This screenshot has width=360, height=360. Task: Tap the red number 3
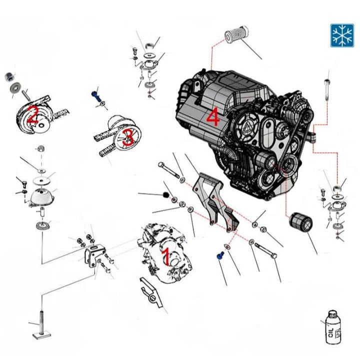tap(128, 136)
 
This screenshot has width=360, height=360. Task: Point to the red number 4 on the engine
tap(213, 118)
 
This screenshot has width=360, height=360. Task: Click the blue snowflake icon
tap(341, 35)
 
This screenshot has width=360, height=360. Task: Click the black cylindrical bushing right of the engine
tap(301, 222)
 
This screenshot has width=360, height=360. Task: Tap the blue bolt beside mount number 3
tap(95, 94)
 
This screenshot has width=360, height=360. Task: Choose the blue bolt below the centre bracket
tap(218, 255)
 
